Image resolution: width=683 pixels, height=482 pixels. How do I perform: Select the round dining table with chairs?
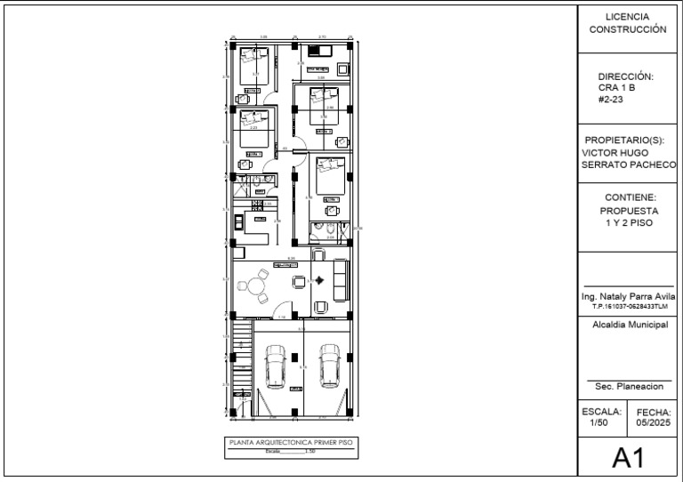click(x=257, y=286)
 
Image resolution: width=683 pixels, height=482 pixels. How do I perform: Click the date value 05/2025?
click(x=654, y=424)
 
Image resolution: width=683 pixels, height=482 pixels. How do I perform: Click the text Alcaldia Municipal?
click(x=628, y=325)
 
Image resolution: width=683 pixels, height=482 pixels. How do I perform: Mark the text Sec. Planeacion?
click(x=628, y=388)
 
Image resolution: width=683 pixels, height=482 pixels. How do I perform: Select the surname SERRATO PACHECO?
click(x=628, y=165)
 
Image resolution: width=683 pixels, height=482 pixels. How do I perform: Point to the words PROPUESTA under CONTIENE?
click(x=628, y=211)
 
